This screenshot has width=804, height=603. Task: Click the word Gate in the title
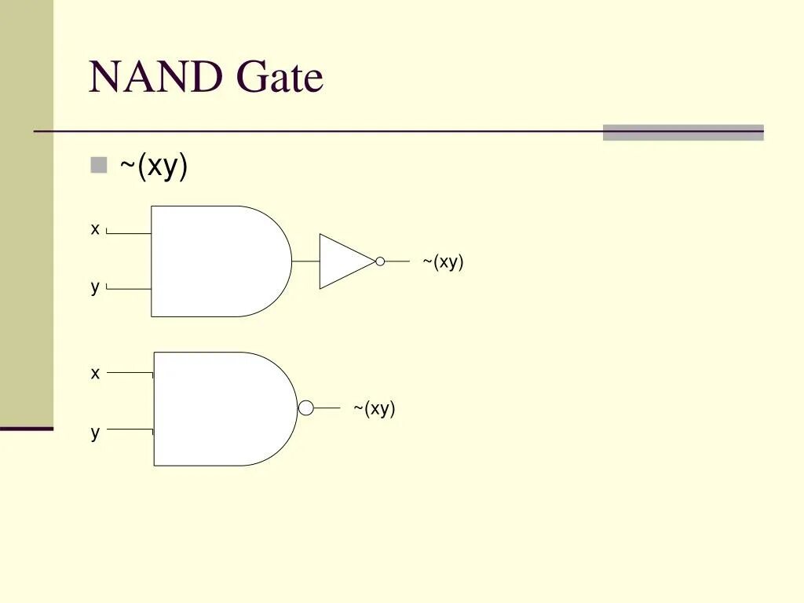coord(280,79)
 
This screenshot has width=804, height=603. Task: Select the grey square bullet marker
coord(98,165)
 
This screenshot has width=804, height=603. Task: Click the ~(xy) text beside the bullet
coord(153,166)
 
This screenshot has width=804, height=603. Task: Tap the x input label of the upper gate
coord(95,229)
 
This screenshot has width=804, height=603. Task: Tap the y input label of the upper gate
coord(95,287)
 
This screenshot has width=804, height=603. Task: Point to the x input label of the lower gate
coord(95,373)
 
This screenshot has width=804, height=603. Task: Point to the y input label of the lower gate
coord(95,432)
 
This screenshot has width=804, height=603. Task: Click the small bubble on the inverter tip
coord(380,261)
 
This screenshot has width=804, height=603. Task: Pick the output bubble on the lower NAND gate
coord(306,407)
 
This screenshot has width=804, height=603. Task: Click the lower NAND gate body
coord(220,408)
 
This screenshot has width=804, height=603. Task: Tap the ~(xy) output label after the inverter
coord(443,262)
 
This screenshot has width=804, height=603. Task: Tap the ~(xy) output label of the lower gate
coord(374,408)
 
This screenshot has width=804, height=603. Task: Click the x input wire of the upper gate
coord(129,233)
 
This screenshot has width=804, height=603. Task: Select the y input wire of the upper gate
coord(129,289)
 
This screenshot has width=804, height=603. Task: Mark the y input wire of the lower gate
coord(130,429)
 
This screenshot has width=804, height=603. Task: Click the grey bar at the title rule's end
coord(683,133)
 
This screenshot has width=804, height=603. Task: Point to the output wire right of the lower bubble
coord(327,407)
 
